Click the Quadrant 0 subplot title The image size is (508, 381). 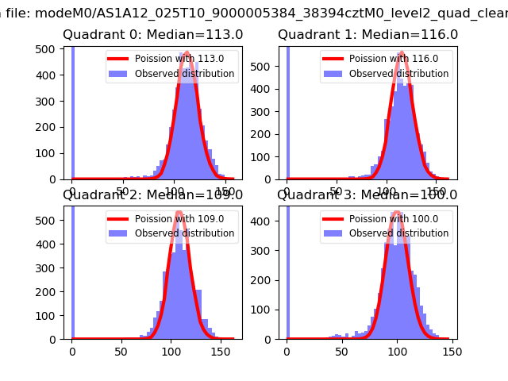[152, 35]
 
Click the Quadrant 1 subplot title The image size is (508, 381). [368, 35]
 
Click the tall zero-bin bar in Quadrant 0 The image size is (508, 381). [72, 111]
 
